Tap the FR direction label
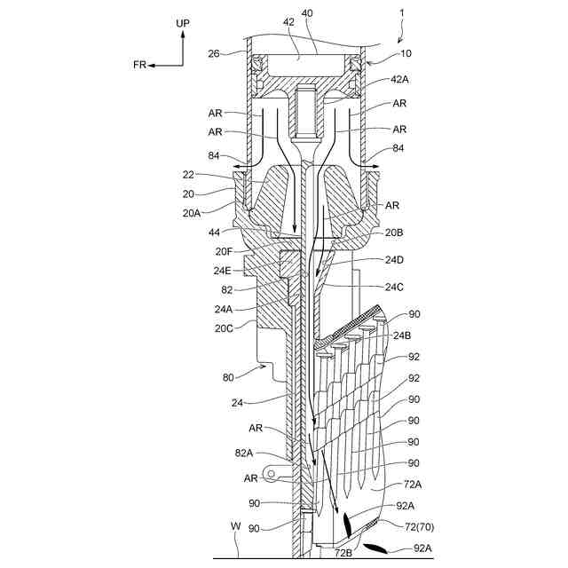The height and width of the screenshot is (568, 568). point(140,65)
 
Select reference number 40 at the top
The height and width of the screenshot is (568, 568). point(307,13)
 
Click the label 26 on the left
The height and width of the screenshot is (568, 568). point(214,52)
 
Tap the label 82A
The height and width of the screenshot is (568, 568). point(244,453)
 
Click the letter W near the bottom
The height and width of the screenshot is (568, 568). point(234,526)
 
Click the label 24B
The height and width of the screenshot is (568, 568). point(403,336)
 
